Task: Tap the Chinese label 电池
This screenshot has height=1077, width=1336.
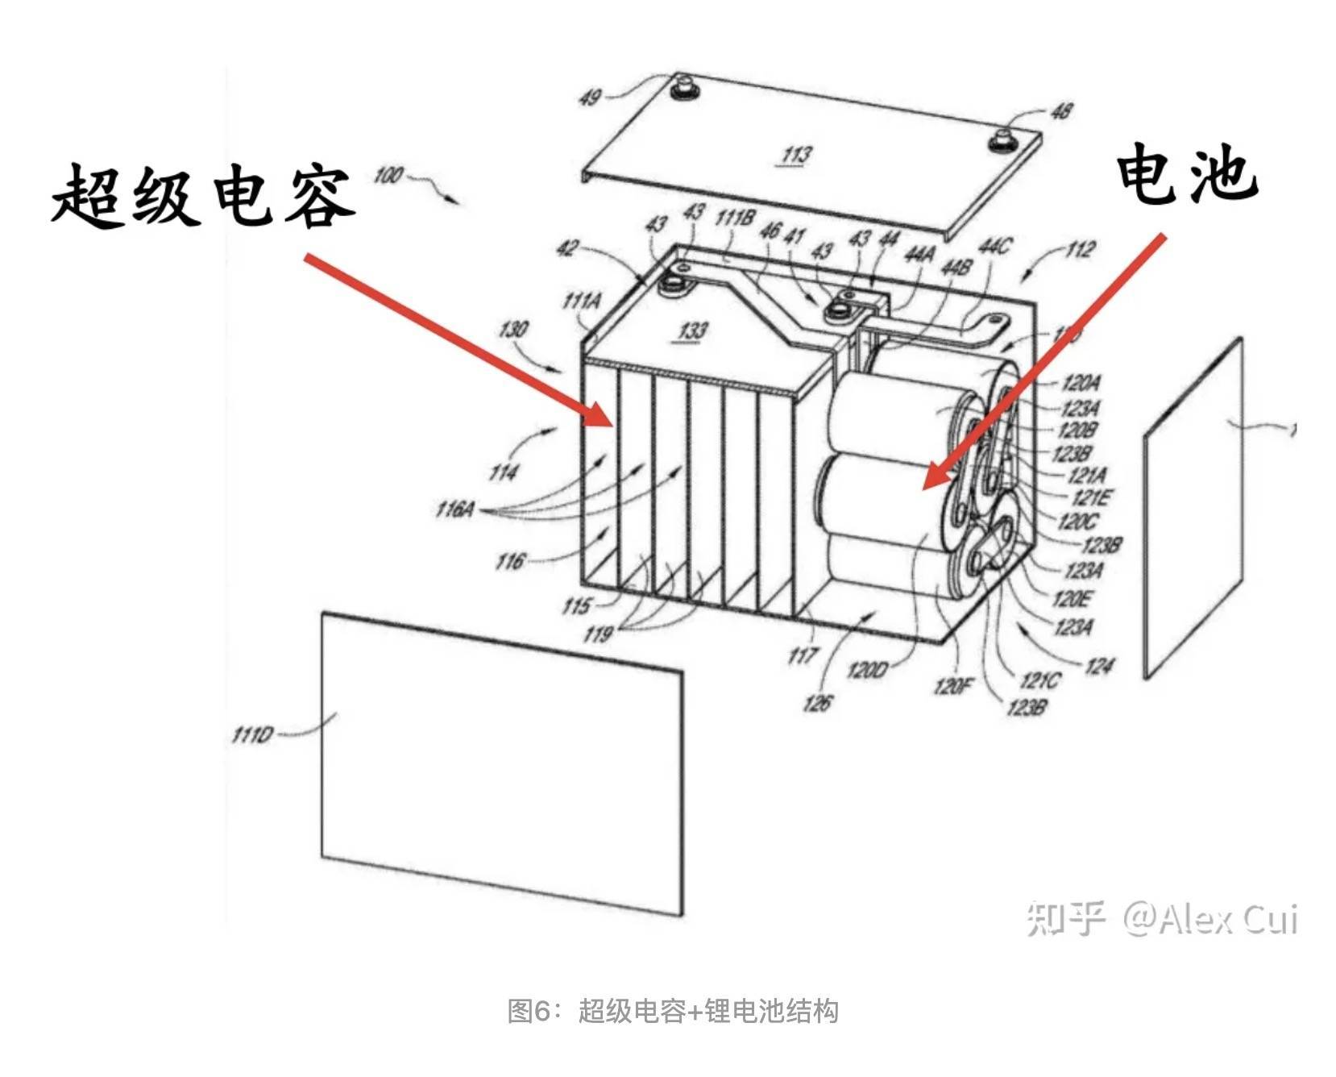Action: coord(1186,174)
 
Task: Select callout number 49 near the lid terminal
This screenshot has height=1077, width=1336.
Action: coord(591,98)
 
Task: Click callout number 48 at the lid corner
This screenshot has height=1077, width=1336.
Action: coord(1061,110)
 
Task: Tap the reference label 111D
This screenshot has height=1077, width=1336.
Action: coord(252,735)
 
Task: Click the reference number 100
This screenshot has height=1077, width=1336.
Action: coord(388,175)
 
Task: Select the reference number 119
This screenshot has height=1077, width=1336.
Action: coord(597,634)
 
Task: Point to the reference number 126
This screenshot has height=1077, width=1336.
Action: coord(816,703)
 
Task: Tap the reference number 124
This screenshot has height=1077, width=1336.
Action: coord(1099,666)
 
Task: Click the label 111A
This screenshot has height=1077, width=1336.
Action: coord(582,301)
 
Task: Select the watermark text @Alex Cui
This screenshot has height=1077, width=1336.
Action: coord(1209,918)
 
